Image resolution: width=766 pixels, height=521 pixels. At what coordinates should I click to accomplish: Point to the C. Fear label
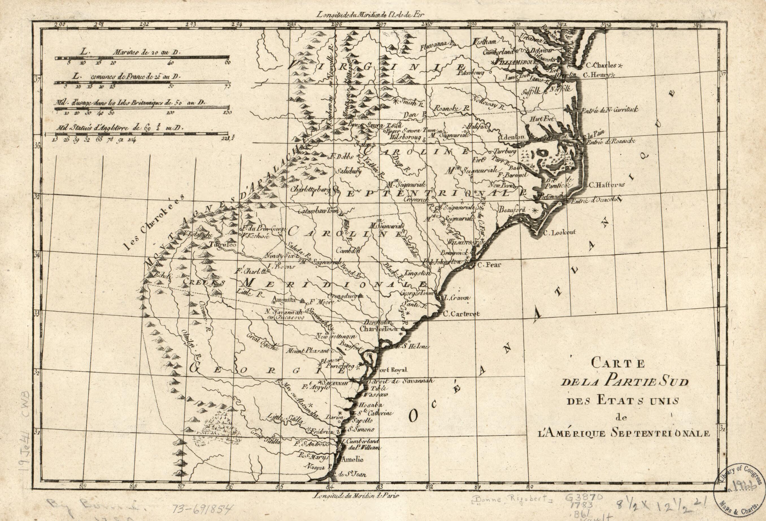tap(489, 265)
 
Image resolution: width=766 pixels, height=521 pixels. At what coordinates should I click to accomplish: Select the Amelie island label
tap(353, 459)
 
